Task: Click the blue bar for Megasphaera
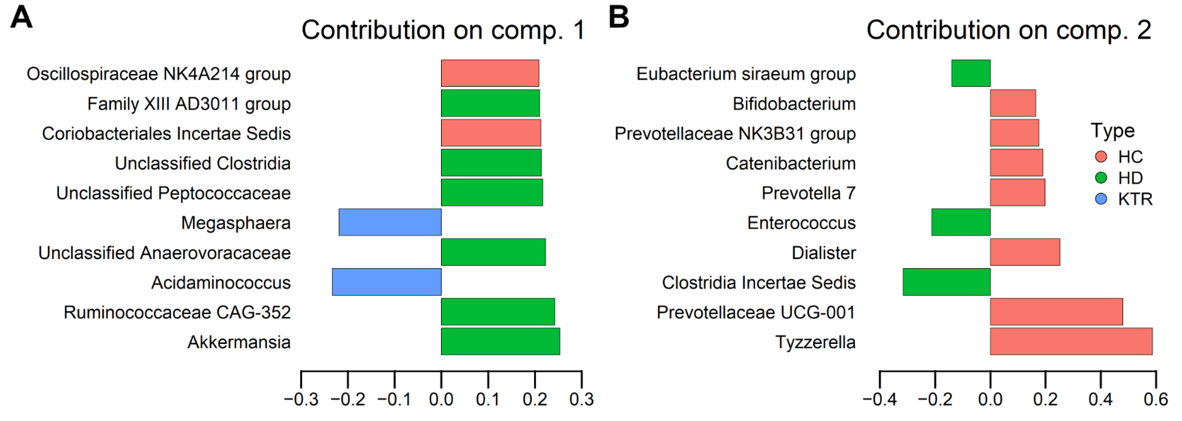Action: [390, 222]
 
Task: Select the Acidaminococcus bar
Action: [387, 282]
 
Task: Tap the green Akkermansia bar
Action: [501, 341]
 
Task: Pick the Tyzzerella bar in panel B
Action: [1071, 341]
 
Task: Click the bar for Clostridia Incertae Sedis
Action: [947, 282]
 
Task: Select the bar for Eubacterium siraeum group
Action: [971, 73]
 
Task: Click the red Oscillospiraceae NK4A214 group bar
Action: [490, 73]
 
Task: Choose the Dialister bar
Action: [1025, 252]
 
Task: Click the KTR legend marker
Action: [1101, 199]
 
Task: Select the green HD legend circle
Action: [1101, 178]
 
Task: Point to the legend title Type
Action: [1113, 131]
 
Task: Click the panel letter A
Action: [21, 18]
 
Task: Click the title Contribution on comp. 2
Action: [1008, 30]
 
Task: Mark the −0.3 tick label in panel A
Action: [301, 399]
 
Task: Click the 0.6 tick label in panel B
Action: [1156, 399]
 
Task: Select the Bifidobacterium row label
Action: [794, 104]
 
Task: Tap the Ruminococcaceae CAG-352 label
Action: [177, 312]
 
